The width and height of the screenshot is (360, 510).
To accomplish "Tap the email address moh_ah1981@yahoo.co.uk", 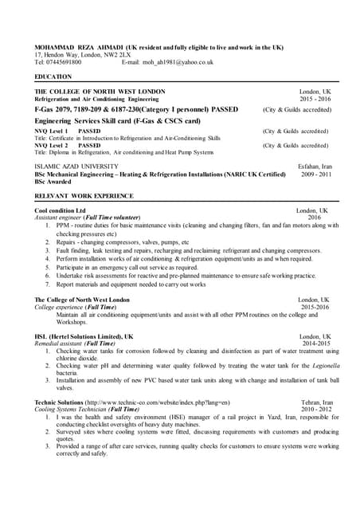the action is pyautogui.click(x=178, y=61).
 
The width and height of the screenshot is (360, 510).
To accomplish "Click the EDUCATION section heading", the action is pyautogui.click(x=53, y=76).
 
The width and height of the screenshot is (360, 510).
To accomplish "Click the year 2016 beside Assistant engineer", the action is pyautogui.click(x=314, y=217).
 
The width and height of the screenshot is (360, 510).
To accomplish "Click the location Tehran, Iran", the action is pyautogui.click(x=317, y=402).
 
